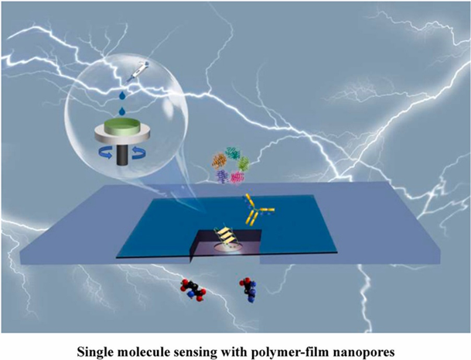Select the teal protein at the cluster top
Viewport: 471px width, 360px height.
click(x=234, y=156)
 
